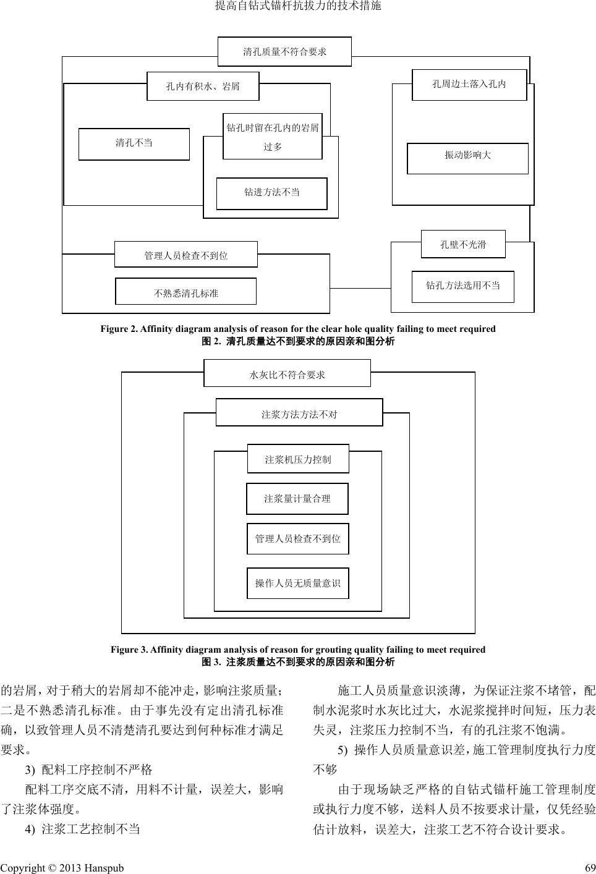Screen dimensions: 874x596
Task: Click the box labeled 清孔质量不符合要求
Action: click(284, 52)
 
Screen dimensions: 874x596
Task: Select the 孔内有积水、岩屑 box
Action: click(203, 87)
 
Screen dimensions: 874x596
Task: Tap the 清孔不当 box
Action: click(134, 144)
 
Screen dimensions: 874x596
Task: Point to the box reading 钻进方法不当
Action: click(271, 193)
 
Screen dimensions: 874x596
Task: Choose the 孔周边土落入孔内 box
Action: click(469, 85)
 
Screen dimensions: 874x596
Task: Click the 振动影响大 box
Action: click(467, 158)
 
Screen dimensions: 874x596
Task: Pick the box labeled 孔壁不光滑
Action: click(463, 244)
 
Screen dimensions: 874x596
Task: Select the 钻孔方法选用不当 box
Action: click(462, 286)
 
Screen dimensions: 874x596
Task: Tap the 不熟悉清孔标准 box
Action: click(185, 292)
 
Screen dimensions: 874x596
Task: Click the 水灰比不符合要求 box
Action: click(287, 373)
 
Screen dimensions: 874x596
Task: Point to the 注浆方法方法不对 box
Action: click(299, 413)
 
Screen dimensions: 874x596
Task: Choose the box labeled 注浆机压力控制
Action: click(298, 459)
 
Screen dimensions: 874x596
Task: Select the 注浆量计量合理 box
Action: click(297, 498)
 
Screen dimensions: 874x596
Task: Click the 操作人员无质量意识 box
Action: click(297, 583)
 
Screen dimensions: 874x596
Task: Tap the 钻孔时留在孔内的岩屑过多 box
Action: click(273, 137)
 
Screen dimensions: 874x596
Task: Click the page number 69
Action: click(589, 868)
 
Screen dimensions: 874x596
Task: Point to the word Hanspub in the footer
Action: click(104, 868)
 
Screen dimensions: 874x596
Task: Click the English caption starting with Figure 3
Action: click(298, 649)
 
